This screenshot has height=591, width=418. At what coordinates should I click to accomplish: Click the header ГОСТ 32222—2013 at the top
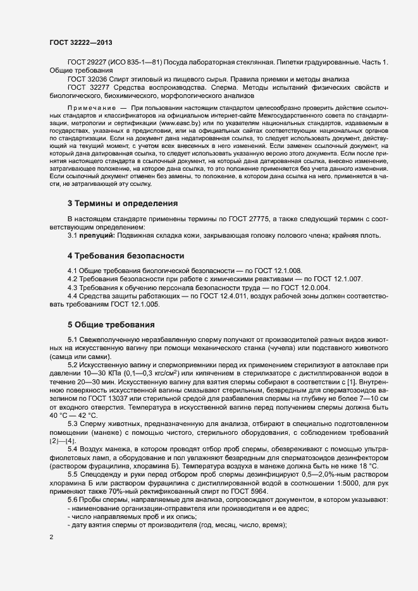[82, 42]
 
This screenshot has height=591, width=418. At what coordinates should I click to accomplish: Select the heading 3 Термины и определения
[123, 204]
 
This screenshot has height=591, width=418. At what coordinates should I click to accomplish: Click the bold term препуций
[95, 236]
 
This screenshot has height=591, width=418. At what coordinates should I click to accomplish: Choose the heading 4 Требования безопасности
[126, 256]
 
